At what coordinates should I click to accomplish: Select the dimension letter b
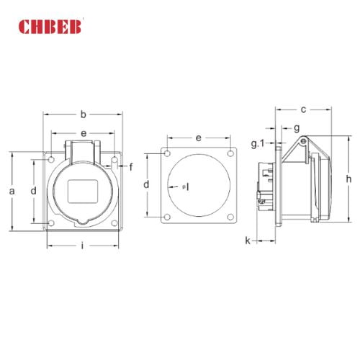(84, 114)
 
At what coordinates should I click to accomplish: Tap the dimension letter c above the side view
(304, 109)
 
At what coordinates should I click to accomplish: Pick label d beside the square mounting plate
(147, 185)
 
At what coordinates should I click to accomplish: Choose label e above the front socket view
(84, 133)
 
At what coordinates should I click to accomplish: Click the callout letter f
(130, 167)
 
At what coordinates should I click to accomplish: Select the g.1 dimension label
(259, 144)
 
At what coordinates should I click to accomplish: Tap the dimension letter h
(348, 179)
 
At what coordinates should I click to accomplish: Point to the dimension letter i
(83, 246)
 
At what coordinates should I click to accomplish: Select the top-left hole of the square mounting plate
(167, 154)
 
